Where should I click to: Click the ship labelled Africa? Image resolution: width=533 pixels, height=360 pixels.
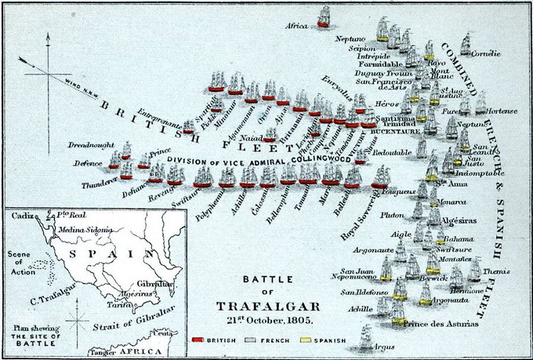pos(324,17)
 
